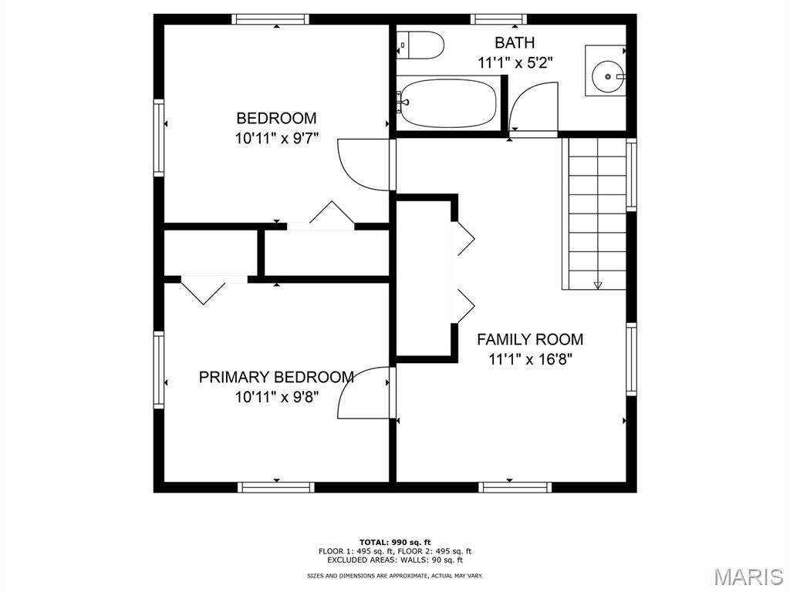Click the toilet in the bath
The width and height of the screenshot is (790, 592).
(420, 45)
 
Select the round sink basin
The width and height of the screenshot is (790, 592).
(608, 76)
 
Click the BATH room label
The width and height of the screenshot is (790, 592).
(515, 43)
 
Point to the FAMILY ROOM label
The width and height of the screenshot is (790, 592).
(530, 339)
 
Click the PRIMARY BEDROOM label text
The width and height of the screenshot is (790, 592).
(276, 377)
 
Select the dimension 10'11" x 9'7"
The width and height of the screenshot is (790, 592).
(277, 138)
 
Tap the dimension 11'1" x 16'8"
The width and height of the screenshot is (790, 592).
(530, 359)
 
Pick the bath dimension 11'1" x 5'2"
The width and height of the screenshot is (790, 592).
(515, 63)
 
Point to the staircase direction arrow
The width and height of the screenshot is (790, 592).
(598, 284)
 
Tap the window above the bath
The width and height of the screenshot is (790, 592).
(499, 19)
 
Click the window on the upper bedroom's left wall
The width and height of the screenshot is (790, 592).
(159, 137)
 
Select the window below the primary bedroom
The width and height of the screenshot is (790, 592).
(276, 487)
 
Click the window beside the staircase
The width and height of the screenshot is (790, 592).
(631, 175)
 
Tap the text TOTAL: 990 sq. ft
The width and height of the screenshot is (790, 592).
(395, 542)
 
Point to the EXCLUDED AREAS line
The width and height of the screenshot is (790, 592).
(395, 560)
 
